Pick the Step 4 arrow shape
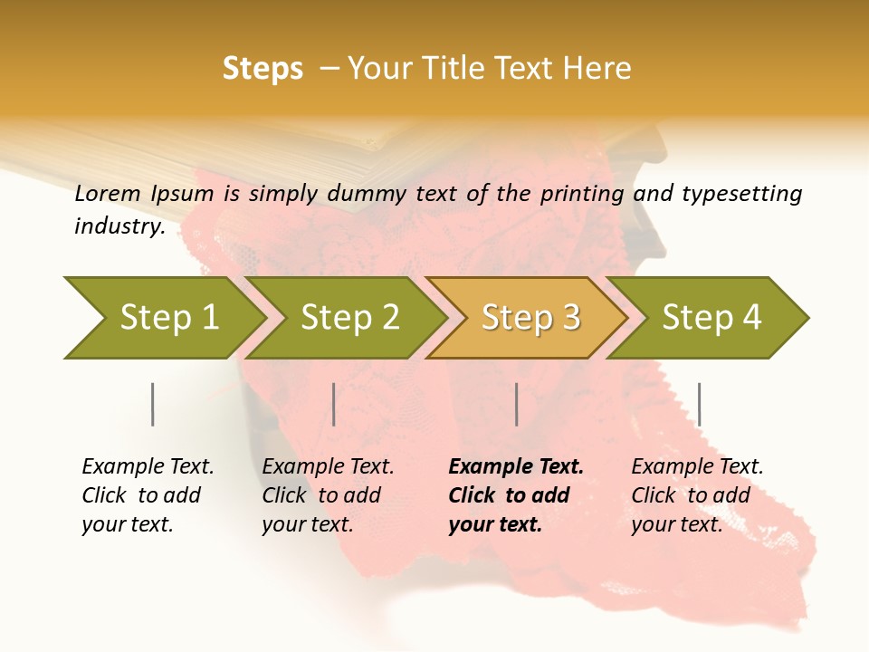(x=711, y=317)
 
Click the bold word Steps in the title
(x=263, y=69)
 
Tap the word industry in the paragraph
(x=119, y=225)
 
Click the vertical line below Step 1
(x=152, y=404)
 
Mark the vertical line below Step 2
(x=334, y=404)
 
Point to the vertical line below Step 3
(x=516, y=404)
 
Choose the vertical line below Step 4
(x=699, y=404)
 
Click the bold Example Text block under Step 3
(x=514, y=495)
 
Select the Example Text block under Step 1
(x=148, y=495)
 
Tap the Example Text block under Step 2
(x=328, y=495)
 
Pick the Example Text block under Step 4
(x=697, y=495)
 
